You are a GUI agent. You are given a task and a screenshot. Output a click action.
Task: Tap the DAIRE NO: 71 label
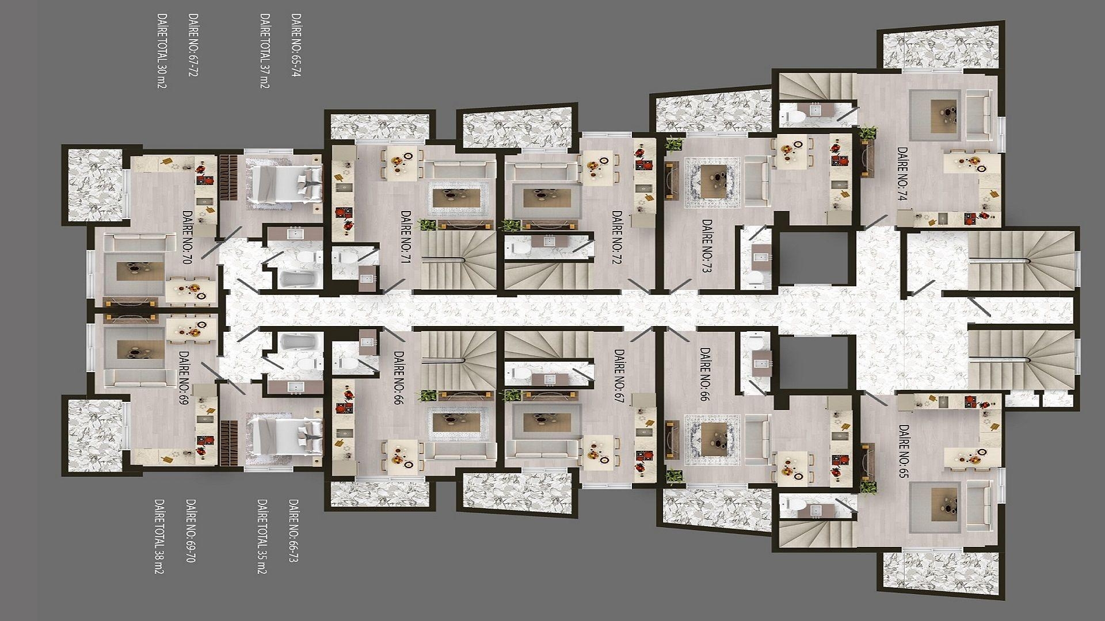coord(404,236)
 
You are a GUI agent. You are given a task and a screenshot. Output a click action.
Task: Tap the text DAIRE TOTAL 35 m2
coord(262,536)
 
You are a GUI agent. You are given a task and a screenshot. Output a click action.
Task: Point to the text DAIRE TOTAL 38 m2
coord(159,536)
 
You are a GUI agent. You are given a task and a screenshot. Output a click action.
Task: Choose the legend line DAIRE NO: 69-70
coord(190,530)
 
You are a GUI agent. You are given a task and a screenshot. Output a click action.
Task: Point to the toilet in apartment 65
coord(794,505)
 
